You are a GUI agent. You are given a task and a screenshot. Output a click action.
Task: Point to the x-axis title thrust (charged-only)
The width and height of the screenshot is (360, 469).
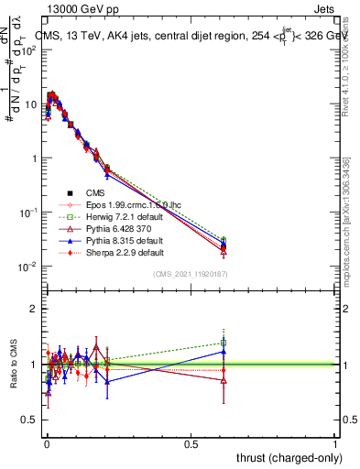point(284,456)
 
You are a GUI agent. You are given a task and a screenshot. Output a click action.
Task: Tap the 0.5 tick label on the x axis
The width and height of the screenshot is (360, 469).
point(191,442)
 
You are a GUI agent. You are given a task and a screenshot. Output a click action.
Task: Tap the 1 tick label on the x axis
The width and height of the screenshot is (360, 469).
point(335,442)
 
